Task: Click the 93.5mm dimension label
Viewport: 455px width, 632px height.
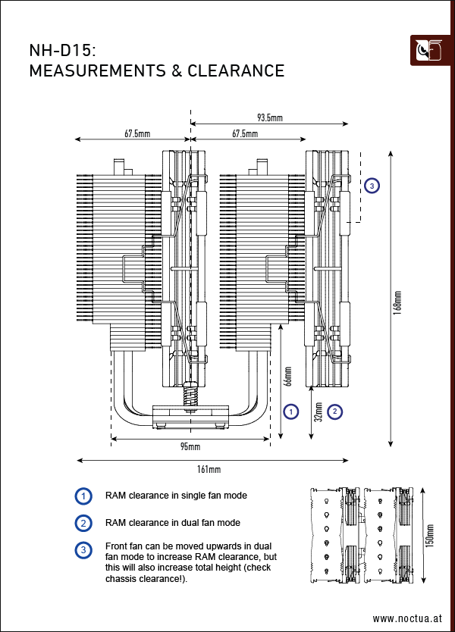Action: [269, 117]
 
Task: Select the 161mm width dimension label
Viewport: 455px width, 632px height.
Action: [209, 470]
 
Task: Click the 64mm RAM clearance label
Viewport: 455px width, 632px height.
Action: [288, 377]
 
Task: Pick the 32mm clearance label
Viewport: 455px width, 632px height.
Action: [318, 411]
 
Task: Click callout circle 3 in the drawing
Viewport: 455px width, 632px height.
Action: [372, 185]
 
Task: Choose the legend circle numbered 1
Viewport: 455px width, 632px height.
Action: [83, 496]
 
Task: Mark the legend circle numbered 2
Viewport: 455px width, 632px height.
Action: [83, 523]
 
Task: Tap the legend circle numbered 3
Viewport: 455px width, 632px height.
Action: [83, 549]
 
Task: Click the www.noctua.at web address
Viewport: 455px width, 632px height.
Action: [406, 618]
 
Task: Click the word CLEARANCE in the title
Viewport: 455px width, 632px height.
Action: [236, 71]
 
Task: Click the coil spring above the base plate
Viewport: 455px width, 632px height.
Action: [189, 395]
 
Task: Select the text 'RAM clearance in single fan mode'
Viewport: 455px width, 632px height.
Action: [176, 496]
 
